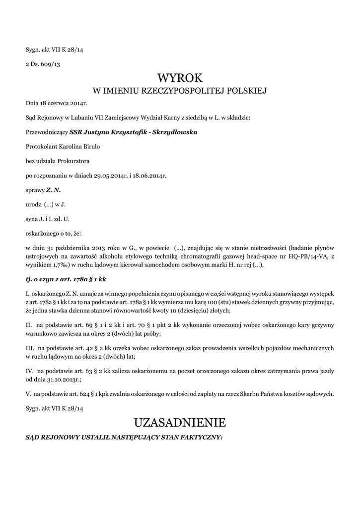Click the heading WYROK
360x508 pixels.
coord(180,78)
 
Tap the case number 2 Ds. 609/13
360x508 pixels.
coord(43,64)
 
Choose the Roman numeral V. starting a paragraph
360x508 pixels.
coord(28,394)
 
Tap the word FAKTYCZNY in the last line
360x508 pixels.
coord(197,438)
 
